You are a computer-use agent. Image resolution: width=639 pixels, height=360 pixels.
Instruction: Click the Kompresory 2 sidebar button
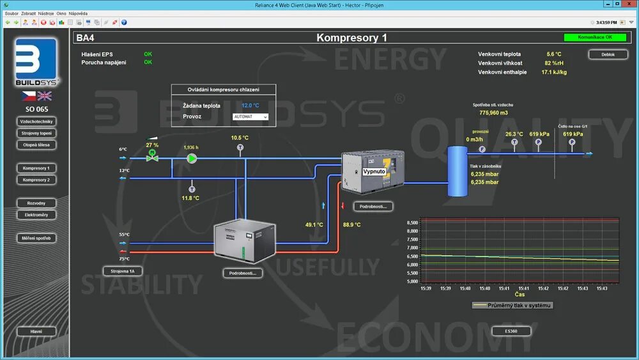tap(36, 180)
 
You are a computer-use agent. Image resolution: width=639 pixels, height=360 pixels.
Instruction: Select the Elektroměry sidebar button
tap(36, 215)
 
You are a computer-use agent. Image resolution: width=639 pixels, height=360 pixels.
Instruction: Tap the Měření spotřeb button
tap(36, 238)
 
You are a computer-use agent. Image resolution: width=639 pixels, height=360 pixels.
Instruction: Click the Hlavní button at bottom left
tap(36, 332)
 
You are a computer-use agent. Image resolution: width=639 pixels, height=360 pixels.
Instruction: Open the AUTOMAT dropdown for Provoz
tap(250, 117)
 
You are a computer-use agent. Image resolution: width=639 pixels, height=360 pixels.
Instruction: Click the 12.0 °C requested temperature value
tap(250, 106)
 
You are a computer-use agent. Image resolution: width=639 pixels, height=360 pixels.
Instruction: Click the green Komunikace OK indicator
tap(595, 37)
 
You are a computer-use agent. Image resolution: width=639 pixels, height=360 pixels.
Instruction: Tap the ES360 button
tap(511, 331)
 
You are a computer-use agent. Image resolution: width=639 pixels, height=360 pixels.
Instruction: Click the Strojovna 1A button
tap(122, 271)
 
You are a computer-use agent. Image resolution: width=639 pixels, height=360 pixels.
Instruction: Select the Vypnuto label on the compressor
tap(374, 172)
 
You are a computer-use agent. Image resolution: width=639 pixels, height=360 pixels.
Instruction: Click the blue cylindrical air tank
tap(457, 171)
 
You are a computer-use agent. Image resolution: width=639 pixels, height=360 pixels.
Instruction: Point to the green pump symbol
tap(192, 158)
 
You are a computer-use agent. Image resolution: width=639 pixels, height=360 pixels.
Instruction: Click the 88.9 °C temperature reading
tap(352, 224)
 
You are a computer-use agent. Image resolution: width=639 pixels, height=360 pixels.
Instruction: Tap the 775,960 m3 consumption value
tap(493, 113)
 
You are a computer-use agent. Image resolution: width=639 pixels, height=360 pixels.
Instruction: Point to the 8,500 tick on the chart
tap(412, 223)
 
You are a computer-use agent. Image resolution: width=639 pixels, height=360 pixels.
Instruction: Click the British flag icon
tap(45, 96)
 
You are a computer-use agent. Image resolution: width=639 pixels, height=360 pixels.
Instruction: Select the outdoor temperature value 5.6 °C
tap(553, 54)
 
